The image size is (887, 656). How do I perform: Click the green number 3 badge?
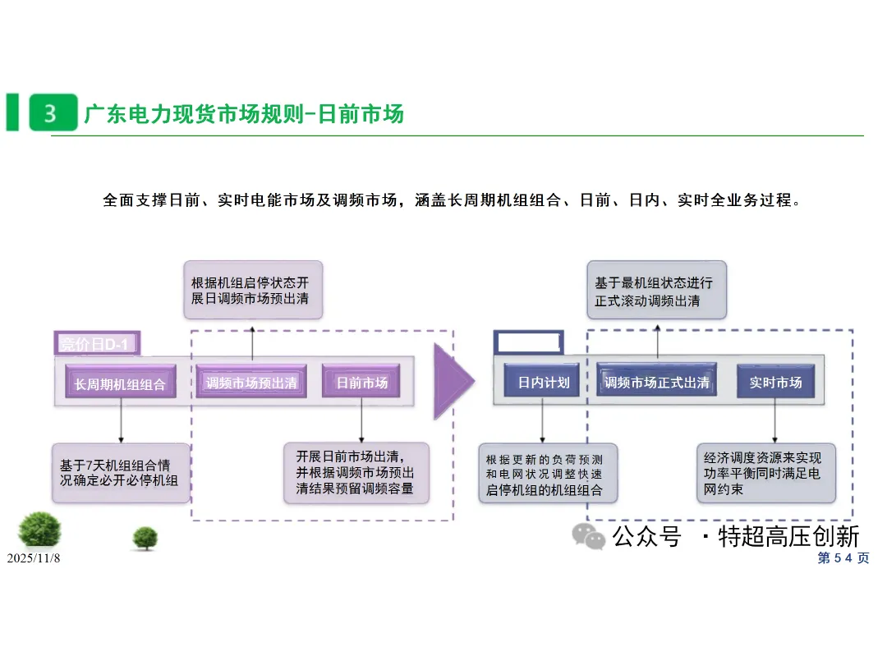53,112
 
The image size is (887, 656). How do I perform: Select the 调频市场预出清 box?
251,382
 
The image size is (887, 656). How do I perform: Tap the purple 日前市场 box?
361,382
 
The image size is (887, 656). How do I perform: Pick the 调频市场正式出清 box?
657,381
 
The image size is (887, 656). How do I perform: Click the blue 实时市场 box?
775,382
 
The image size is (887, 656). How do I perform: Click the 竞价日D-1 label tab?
97,343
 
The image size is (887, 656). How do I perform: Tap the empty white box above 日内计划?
528,342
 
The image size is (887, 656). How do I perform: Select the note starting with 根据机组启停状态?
254,290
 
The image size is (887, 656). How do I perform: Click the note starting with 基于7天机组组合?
121,474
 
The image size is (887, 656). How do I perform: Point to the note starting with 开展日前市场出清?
356,473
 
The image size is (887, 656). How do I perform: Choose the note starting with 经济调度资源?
766,474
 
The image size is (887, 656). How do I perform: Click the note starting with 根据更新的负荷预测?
548,474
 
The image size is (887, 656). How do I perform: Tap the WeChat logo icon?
588,536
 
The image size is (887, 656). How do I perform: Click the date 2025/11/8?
34,558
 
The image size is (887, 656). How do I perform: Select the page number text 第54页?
843,558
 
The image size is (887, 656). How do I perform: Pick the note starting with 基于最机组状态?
657,290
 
